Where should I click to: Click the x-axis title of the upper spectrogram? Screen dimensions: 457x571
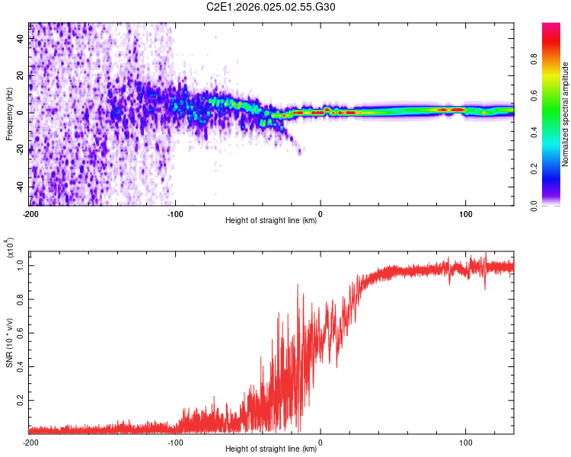[x=271, y=221]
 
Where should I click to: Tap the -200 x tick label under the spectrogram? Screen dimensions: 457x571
[x=30, y=213]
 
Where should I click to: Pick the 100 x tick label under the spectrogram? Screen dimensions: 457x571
[x=465, y=213]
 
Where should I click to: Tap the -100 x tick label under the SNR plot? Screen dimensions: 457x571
[x=175, y=442]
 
